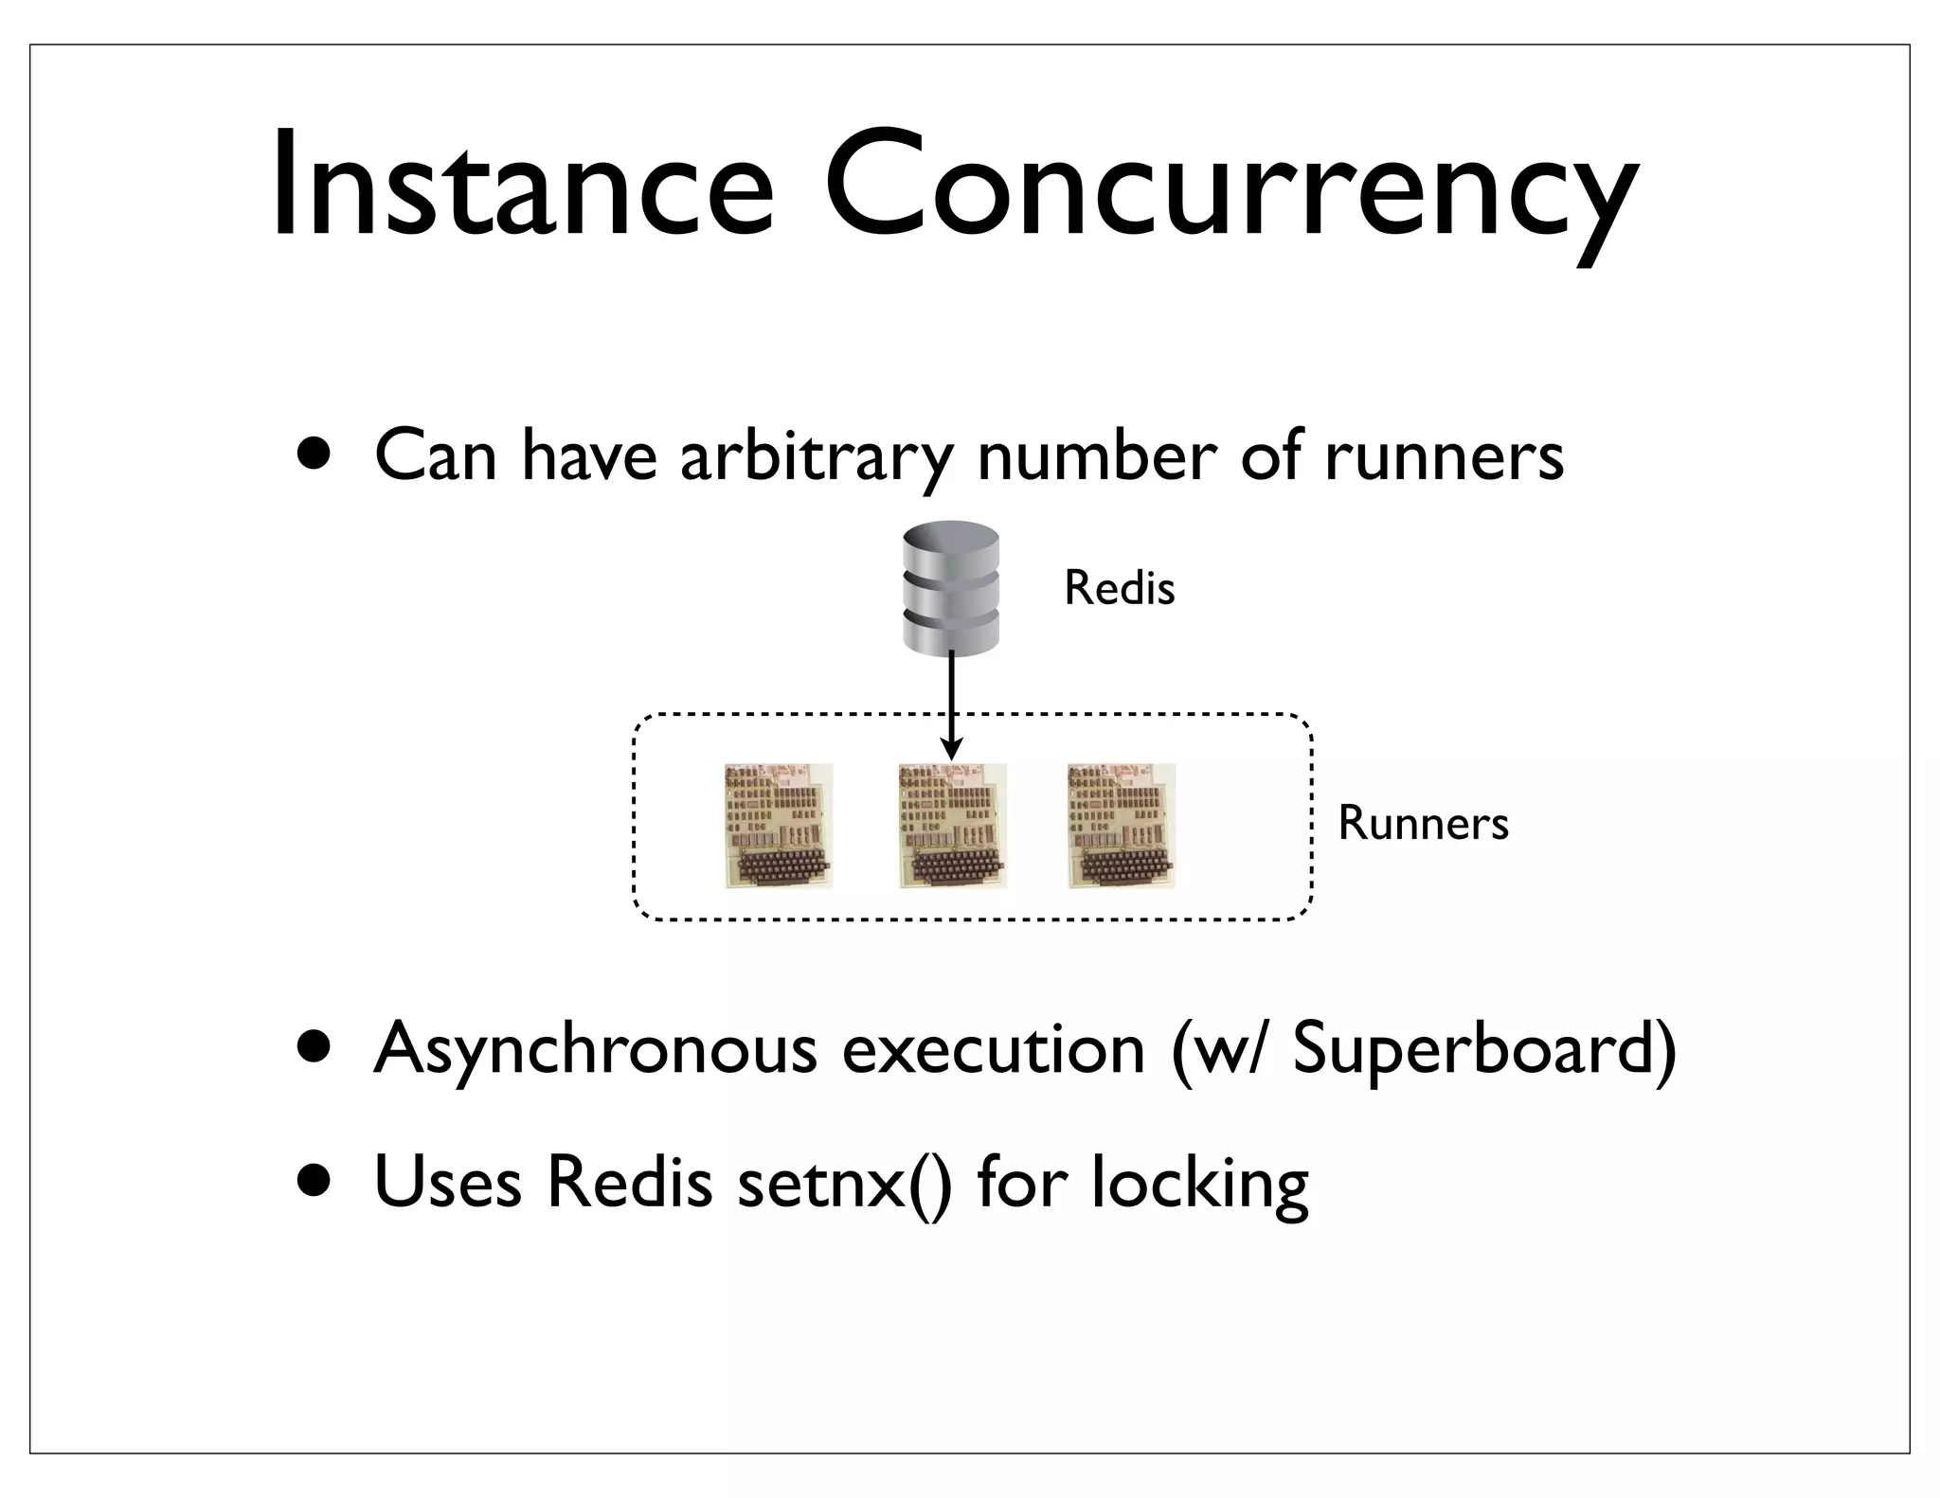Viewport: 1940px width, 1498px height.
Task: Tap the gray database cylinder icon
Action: click(951, 588)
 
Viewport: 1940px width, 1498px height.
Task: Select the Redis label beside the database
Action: click(1119, 588)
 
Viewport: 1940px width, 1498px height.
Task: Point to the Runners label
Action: click(1422, 823)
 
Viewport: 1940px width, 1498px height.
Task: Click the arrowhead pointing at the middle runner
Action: click(952, 749)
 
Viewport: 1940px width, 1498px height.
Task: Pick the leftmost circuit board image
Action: click(779, 826)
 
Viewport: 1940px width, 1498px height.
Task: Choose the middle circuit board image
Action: click(952, 827)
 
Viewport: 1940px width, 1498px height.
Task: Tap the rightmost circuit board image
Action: click(1122, 826)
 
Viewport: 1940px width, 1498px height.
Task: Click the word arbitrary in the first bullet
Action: click(816, 457)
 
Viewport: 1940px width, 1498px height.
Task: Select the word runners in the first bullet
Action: click(1444, 457)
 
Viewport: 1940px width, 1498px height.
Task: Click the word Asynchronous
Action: click(595, 1049)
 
